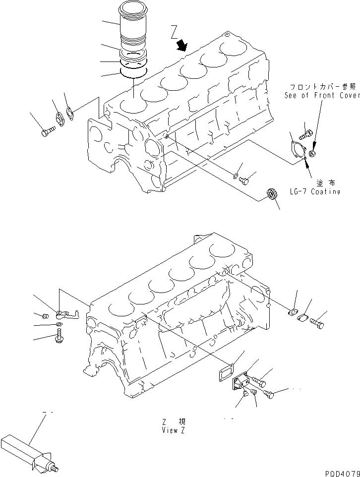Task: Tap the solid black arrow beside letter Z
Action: (182, 46)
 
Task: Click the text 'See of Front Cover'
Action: (322, 95)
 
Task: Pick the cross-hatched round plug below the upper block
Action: (272, 194)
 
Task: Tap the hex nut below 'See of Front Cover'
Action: (312, 154)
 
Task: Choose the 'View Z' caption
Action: (173, 430)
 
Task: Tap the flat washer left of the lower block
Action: (59, 326)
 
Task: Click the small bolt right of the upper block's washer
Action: (243, 181)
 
